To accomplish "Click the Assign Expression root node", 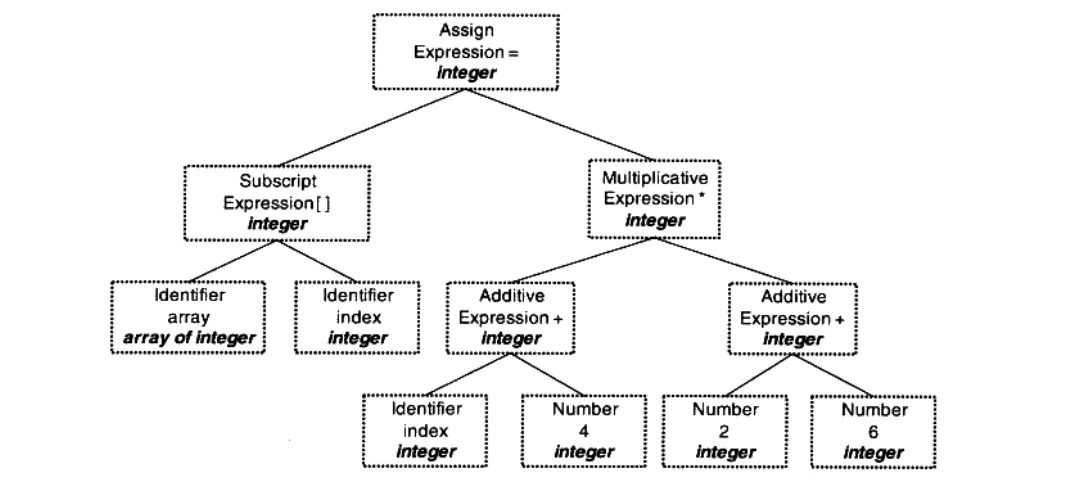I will pyautogui.click(x=465, y=51).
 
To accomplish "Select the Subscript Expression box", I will pyautogui.click(x=277, y=203).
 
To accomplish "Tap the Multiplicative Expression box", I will pyautogui.click(x=654, y=199).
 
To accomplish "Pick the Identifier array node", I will pyautogui.click(x=189, y=317).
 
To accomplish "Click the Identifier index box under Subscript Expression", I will pyautogui.click(x=357, y=317).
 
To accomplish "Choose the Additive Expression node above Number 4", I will pyautogui.click(x=510, y=318).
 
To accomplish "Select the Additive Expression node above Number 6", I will pyautogui.click(x=793, y=318).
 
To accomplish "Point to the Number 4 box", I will pyautogui.click(x=584, y=431).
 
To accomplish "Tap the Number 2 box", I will pyautogui.click(x=725, y=431).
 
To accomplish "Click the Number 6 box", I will pyautogui.click(x=873, y=431).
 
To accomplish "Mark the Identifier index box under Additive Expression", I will pyautogui.click(x=426, y=431).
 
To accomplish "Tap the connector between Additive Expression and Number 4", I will pyautogui.click(x=548, y=375).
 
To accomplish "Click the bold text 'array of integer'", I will pyautogui.click(x=189, y=338).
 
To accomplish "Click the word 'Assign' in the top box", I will pyautogui.click(x=466, y=30).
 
